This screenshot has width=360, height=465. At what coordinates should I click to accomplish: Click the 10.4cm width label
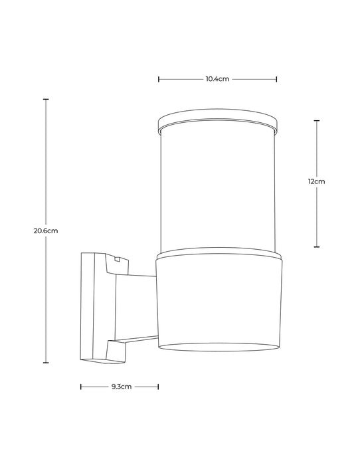pos(217,79)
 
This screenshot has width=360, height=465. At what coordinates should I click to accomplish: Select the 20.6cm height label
pos(46,231)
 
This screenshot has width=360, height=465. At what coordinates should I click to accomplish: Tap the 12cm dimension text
pos(316,181)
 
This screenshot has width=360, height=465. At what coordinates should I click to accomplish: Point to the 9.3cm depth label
pos(120,386)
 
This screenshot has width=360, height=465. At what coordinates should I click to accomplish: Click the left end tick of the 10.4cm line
pos(159,79)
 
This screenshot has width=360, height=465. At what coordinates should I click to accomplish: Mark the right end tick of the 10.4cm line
pos(276,79)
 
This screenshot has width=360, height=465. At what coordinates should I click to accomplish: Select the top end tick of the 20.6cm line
pos(46,99)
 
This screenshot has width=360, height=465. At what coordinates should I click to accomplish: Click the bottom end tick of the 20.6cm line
pos(46,363)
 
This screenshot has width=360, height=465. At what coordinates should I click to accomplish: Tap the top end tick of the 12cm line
pos(316,121)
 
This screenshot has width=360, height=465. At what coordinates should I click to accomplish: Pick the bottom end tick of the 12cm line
pos(316,246)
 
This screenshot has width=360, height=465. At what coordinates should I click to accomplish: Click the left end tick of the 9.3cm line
pos(81,386)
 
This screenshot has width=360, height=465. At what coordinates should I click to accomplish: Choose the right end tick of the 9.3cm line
pos(158,386)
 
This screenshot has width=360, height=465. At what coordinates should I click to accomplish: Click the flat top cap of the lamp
pos(217,124)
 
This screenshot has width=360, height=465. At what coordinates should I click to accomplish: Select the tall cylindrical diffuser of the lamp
pos(217,189)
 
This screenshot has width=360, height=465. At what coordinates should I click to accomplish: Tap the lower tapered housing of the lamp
pos(217,299)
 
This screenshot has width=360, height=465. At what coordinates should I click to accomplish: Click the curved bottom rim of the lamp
pos(217,347)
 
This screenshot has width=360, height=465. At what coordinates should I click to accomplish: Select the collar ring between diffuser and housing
pos(217,254)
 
